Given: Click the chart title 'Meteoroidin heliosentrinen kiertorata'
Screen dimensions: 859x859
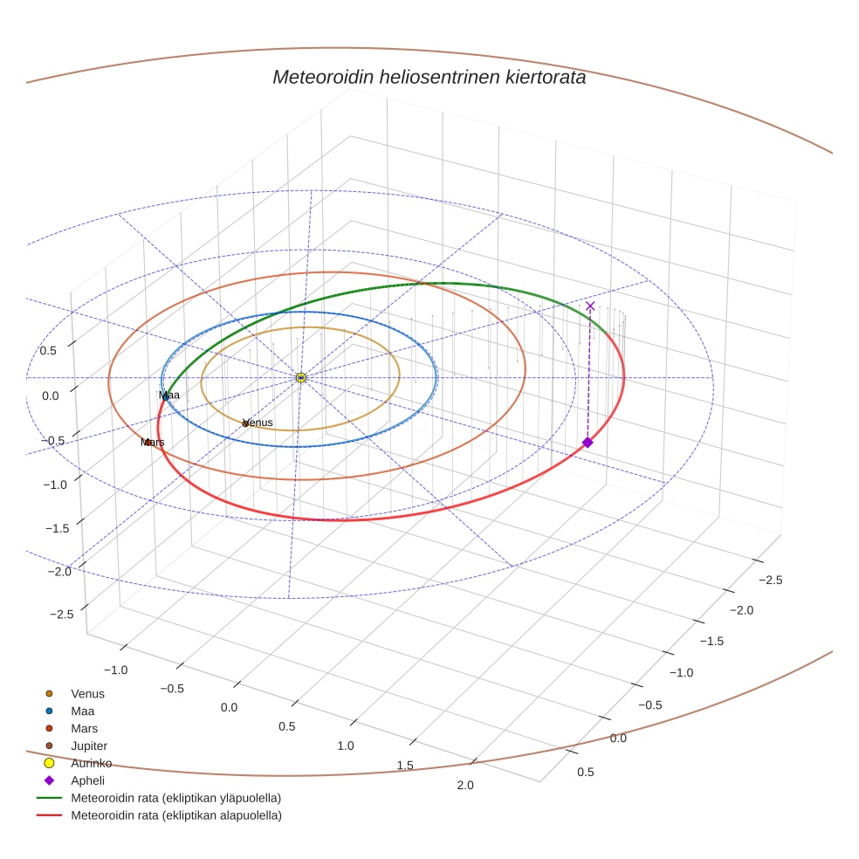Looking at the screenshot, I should [429, 77].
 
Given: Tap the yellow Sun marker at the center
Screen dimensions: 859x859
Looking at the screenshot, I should [300, 377].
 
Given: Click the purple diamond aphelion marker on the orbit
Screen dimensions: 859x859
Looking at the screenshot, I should [588, 443].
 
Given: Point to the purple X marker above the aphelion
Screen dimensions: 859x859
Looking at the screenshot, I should [590, 306].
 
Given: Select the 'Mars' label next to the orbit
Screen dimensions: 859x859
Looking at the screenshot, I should [153, 443].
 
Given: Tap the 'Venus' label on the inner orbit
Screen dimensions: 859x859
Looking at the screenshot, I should [258, 423].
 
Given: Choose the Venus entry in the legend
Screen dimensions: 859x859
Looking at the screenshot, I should [87, 694].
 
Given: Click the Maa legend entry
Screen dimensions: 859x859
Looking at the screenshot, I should [82, 711].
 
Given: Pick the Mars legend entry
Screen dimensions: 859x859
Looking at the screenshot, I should [84, 729].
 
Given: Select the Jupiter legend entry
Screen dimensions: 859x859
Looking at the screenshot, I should [89, 746].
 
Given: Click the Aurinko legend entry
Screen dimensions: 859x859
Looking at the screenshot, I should [91, 763].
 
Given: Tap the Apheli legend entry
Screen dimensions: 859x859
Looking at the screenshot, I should [87, 780].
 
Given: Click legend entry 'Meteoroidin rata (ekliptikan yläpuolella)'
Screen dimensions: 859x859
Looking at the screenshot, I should [175, 798].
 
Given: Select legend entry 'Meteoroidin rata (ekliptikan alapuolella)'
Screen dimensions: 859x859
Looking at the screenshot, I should [175, 815].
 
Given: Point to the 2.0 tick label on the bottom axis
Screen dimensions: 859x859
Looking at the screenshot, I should [464, 786].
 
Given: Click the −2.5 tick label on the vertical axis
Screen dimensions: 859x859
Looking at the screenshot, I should [61, 615].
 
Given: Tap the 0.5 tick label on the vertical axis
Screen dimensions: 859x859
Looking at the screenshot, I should [48, 351].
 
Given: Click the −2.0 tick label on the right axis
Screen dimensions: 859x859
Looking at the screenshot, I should [740, 610].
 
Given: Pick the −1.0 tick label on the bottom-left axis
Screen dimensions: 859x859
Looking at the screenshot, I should [116, 670].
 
